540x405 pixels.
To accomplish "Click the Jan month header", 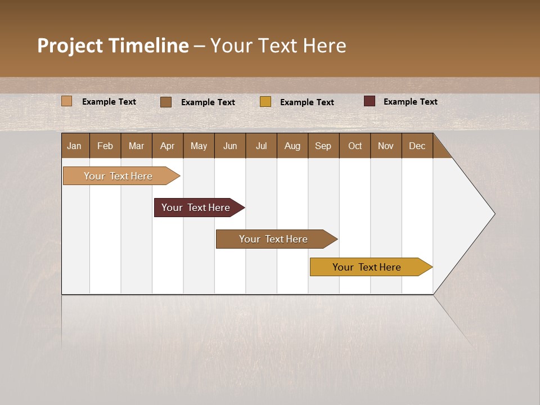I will click(x=75, y=146).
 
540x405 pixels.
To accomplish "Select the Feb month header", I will click(x=105, y=146).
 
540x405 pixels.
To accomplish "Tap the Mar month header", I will click(x=136, y=146).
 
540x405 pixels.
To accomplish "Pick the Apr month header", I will click(x=168, y=146).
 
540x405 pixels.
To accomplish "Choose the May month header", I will click(x=199, y=146).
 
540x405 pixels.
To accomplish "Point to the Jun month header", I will click(x=230, y=146).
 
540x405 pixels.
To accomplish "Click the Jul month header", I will click(x=261, y=146).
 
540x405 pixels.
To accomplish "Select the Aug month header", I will click(x=292, y=146).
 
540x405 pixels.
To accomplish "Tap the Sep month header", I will click(x=323, y=146).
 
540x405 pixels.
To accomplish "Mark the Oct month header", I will click(x=355, y=146).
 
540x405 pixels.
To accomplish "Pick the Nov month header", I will click(x=386, y=146).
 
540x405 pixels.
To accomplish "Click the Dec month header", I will click(x=417, y=146).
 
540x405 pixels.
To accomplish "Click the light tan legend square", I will click(x=67, y=101).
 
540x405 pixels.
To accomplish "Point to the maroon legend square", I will click(x=370, y=101).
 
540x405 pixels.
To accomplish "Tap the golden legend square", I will click(x=265, y=102).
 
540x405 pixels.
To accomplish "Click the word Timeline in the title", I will click(x=148, y=46).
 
